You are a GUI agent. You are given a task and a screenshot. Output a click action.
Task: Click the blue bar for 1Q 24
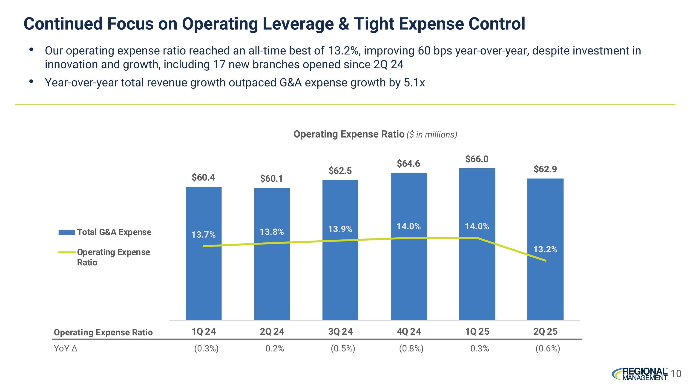click(x=204, y=281)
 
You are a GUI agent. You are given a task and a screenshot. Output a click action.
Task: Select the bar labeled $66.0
click(x=477, y=281)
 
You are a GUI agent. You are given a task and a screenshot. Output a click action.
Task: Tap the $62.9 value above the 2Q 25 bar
click(x=545, y=169)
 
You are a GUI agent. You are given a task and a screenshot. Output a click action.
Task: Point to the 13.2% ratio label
click(x=545, y=250)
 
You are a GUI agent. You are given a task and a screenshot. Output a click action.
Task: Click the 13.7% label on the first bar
click(x=203, y=235)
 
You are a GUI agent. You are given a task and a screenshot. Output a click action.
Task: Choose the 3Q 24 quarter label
click(x=340, y=332)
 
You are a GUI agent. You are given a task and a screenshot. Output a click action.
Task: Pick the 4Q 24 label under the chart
click(x=408, y=332)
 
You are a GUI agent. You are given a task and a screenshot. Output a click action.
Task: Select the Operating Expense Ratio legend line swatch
click(x=67, y=252)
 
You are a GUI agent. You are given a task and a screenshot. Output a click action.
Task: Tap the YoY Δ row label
click(x=66, y=349)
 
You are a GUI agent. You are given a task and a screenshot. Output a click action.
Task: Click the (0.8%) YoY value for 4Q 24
click(x=411, y=349)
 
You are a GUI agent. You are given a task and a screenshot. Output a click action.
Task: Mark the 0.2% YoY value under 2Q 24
click(x=275, y=349)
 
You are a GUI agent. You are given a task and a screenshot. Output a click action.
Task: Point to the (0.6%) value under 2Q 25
click(x=547, y=349)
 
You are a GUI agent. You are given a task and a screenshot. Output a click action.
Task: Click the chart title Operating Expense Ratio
click(x=349, y=134)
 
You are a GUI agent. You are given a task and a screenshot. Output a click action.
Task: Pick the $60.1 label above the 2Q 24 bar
click(x=271, y=179)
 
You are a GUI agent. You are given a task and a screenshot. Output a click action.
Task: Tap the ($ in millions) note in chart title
click(x=432, y=134)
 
